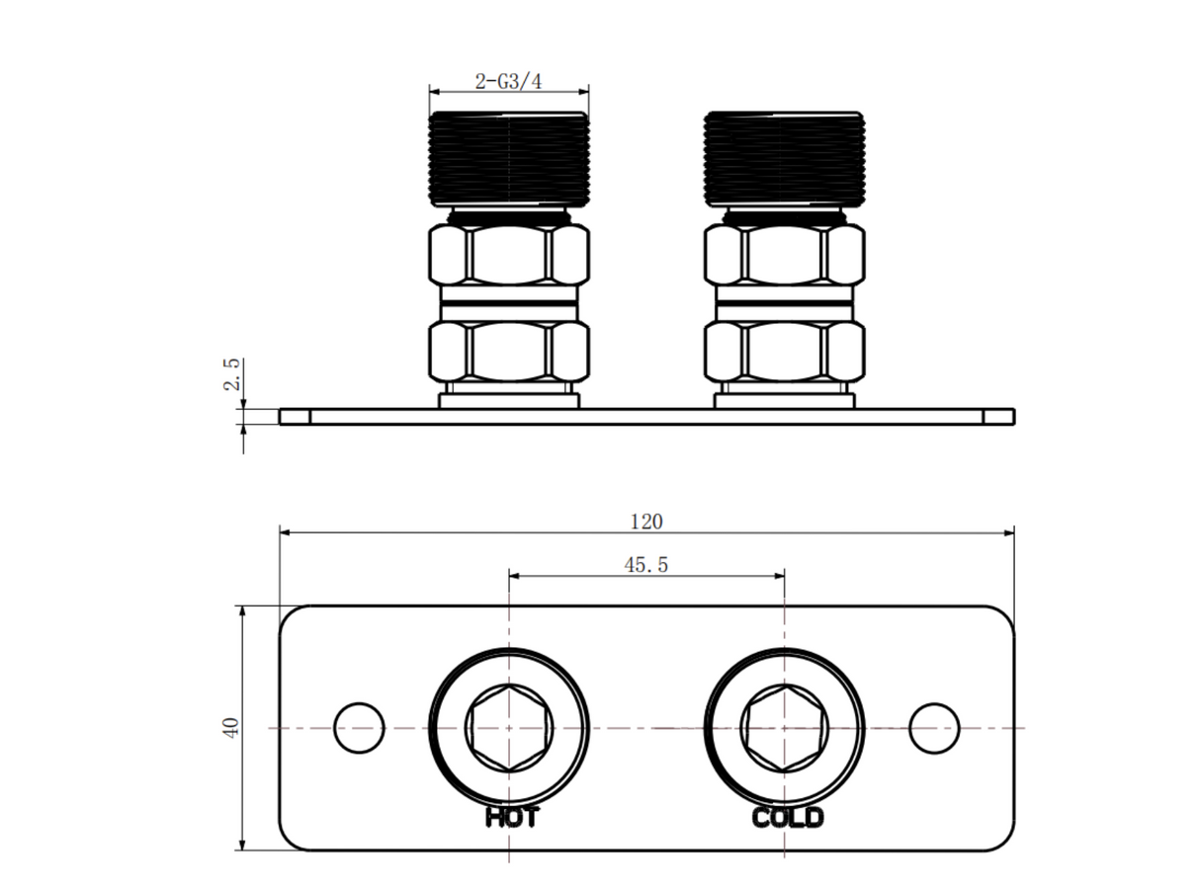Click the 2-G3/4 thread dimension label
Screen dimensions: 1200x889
[508, 82]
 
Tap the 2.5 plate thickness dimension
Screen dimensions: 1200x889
[231, 374]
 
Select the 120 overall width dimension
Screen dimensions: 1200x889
[646, 522]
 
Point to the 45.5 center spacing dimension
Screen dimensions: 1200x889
[646, 565]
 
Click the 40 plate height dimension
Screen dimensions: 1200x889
[231, 727]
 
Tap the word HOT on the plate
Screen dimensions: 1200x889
[512, 817]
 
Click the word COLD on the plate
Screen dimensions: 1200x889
[787, 817]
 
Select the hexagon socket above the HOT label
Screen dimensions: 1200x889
[509, 728]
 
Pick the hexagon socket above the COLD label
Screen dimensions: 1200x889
[785, 728]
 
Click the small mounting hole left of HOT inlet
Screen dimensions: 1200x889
[359, 728]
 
